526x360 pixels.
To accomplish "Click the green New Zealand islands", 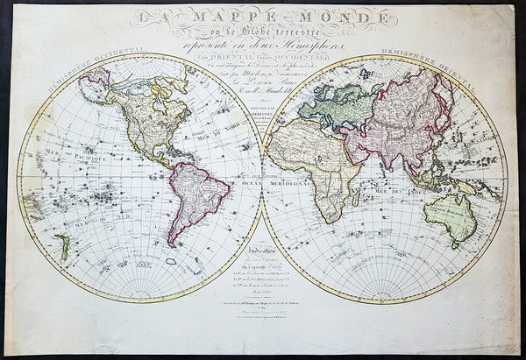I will [64, 246].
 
